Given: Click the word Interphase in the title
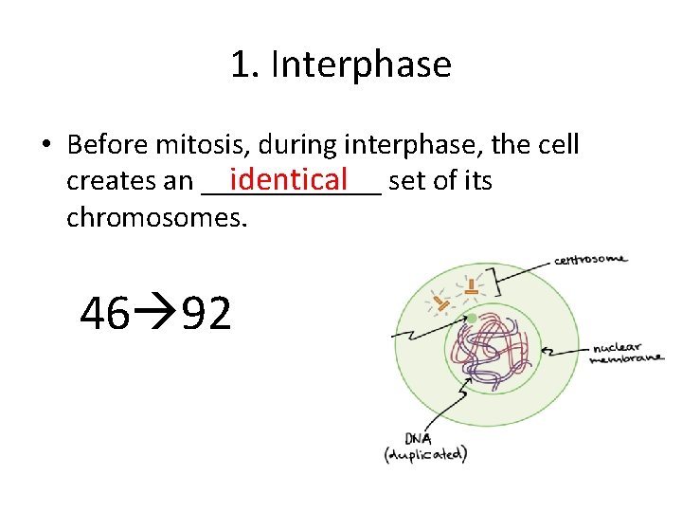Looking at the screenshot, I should point(361,65).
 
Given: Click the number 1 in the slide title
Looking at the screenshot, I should point(241,65).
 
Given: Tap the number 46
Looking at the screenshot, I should point(105,314).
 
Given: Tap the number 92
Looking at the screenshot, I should point(206,314).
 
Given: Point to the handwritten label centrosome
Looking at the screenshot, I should point(589,259).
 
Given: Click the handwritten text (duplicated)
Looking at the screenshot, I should point(424,454).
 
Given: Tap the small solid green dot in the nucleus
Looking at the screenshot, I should point(472,318).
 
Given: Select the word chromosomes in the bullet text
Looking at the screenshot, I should point(156,218).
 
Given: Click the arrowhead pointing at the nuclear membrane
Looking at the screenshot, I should point(545,350).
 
